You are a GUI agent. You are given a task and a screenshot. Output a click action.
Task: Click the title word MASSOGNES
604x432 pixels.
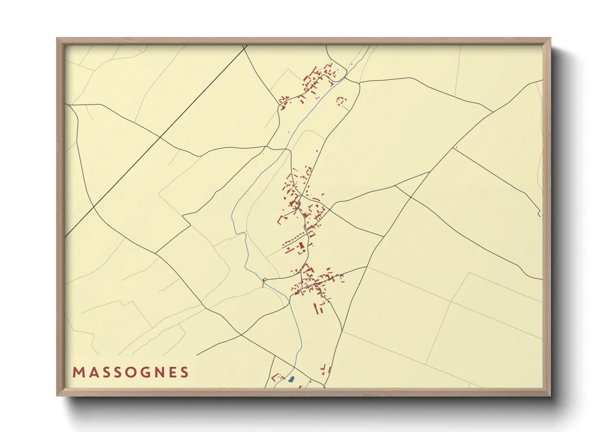click(131, 372)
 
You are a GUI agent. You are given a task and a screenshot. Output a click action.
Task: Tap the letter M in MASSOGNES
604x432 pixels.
click(78, 372)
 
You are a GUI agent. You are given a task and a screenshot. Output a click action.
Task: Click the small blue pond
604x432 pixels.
click(291, 379)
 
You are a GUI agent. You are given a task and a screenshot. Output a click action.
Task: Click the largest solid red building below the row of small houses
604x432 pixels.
click(302, 245)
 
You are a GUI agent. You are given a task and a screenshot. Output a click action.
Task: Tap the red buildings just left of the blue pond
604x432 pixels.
click(278, 377)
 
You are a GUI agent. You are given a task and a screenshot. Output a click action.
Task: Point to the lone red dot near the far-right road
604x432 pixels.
click(456, 147)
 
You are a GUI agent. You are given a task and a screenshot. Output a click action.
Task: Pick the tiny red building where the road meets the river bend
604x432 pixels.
click(264, 280)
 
